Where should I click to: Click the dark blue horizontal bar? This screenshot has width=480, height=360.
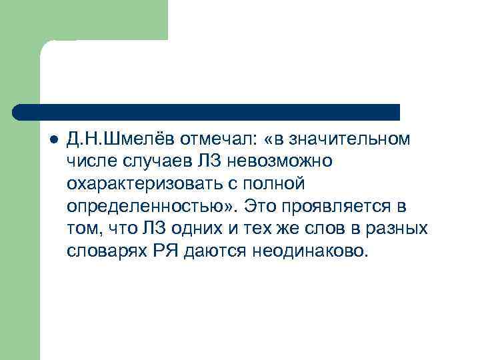pos(207,112)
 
